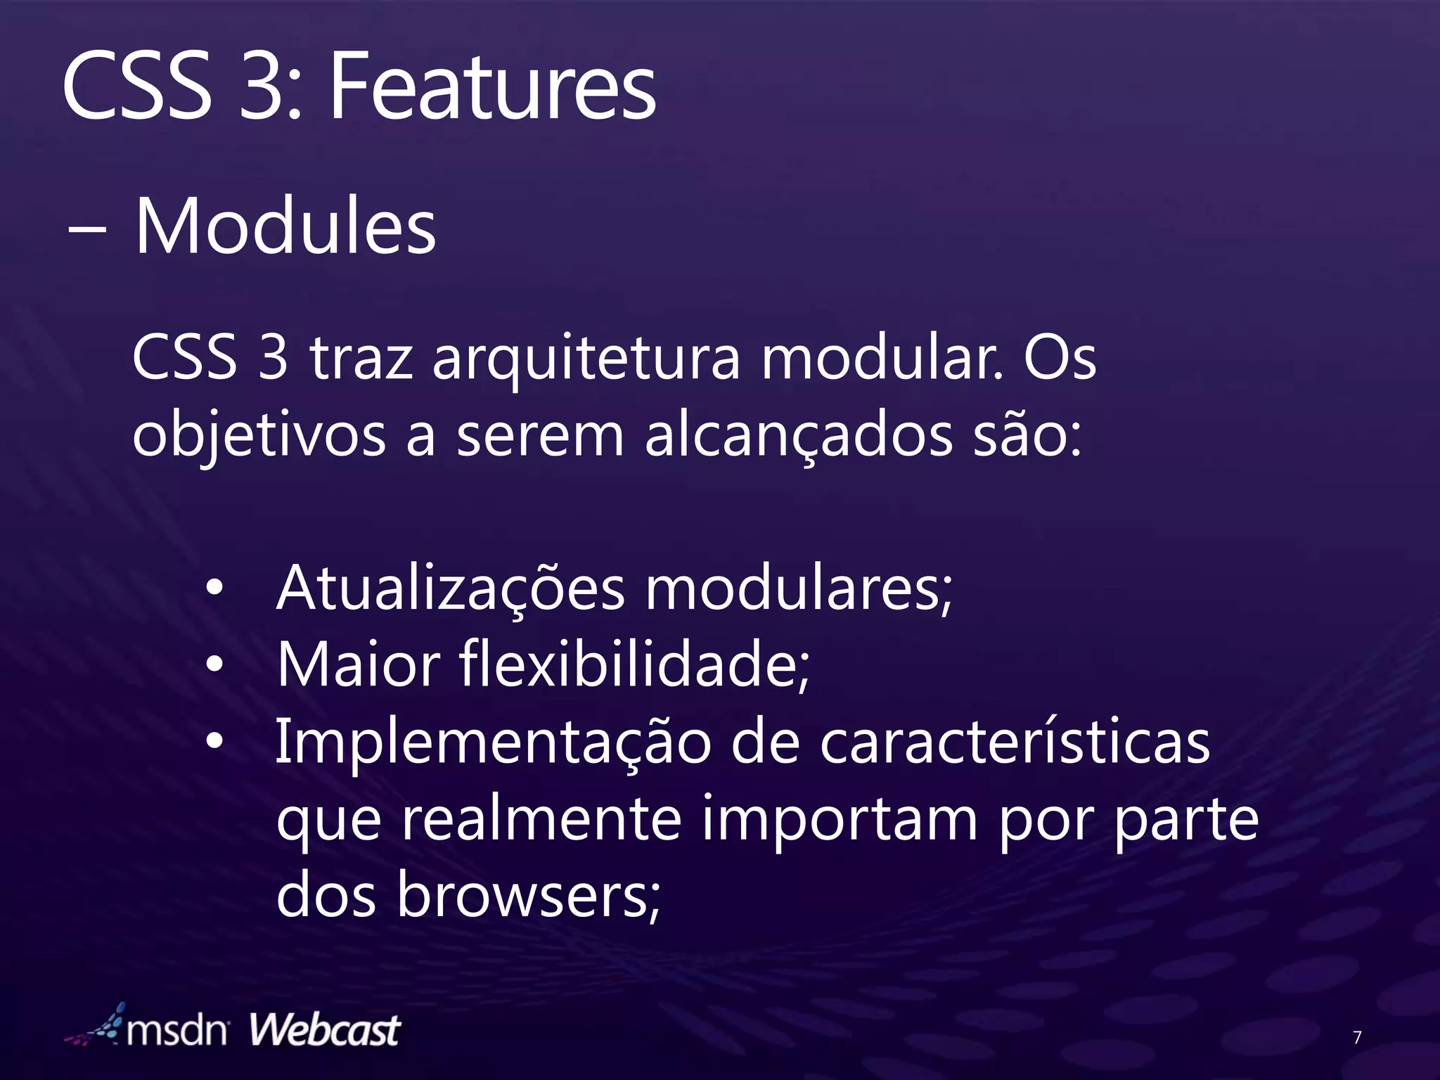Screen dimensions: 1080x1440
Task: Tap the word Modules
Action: coord(285,227)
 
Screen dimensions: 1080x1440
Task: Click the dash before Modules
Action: coord(87,230)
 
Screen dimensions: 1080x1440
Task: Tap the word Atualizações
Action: coord(450,589)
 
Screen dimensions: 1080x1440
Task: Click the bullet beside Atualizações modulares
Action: coord(214,587)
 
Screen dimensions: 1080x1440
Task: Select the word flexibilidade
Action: coord(634,664)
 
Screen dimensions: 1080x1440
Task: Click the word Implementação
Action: coord(493,744)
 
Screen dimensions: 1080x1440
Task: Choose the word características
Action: coord(1014,742)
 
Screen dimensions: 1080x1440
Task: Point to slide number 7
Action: coord(1357,1037)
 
